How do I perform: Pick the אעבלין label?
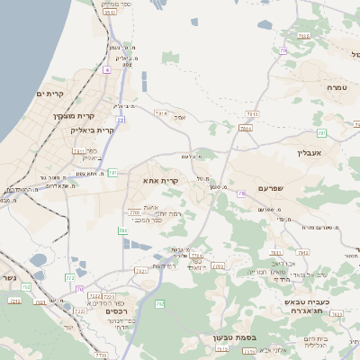click(310, 154)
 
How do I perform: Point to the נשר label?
click(8, 278)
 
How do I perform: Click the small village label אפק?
click(179, 118)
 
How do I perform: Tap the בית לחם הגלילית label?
click(314, 340)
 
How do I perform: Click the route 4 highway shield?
click(106, 69)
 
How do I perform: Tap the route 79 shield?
click(241, 193)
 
